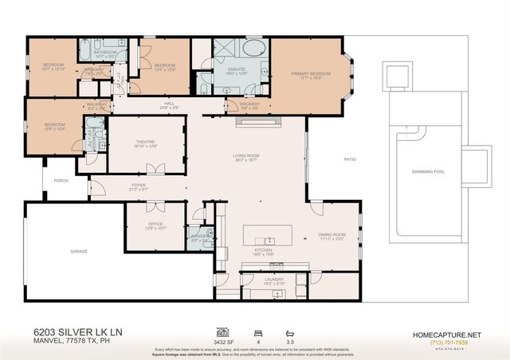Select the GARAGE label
tap(78, 251)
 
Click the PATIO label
tap(349, 159)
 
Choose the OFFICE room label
tap(155, 225)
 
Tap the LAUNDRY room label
tap(275, 280)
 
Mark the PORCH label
tap(61, 180)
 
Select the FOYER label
tap(139, 186)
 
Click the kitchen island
tap(268, 238)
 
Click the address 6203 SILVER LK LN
tap(66, 335)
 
